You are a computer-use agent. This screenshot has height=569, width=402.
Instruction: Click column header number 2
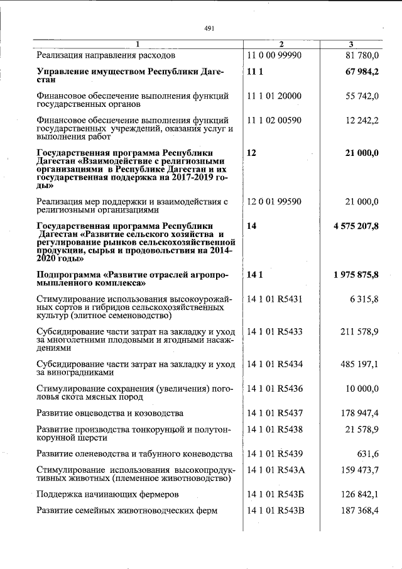coord(281,44)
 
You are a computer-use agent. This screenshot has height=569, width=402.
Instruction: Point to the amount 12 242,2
coord(360,119)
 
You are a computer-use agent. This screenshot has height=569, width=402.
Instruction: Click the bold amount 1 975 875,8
coord(353,275)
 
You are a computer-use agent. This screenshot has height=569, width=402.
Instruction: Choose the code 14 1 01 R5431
coord(275,299)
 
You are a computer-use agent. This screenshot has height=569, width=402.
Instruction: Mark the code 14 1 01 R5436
coord(275,389)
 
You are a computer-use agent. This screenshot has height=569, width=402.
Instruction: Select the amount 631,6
coord(368,453)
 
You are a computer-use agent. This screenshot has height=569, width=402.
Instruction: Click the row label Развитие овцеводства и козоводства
coord(110,413)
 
